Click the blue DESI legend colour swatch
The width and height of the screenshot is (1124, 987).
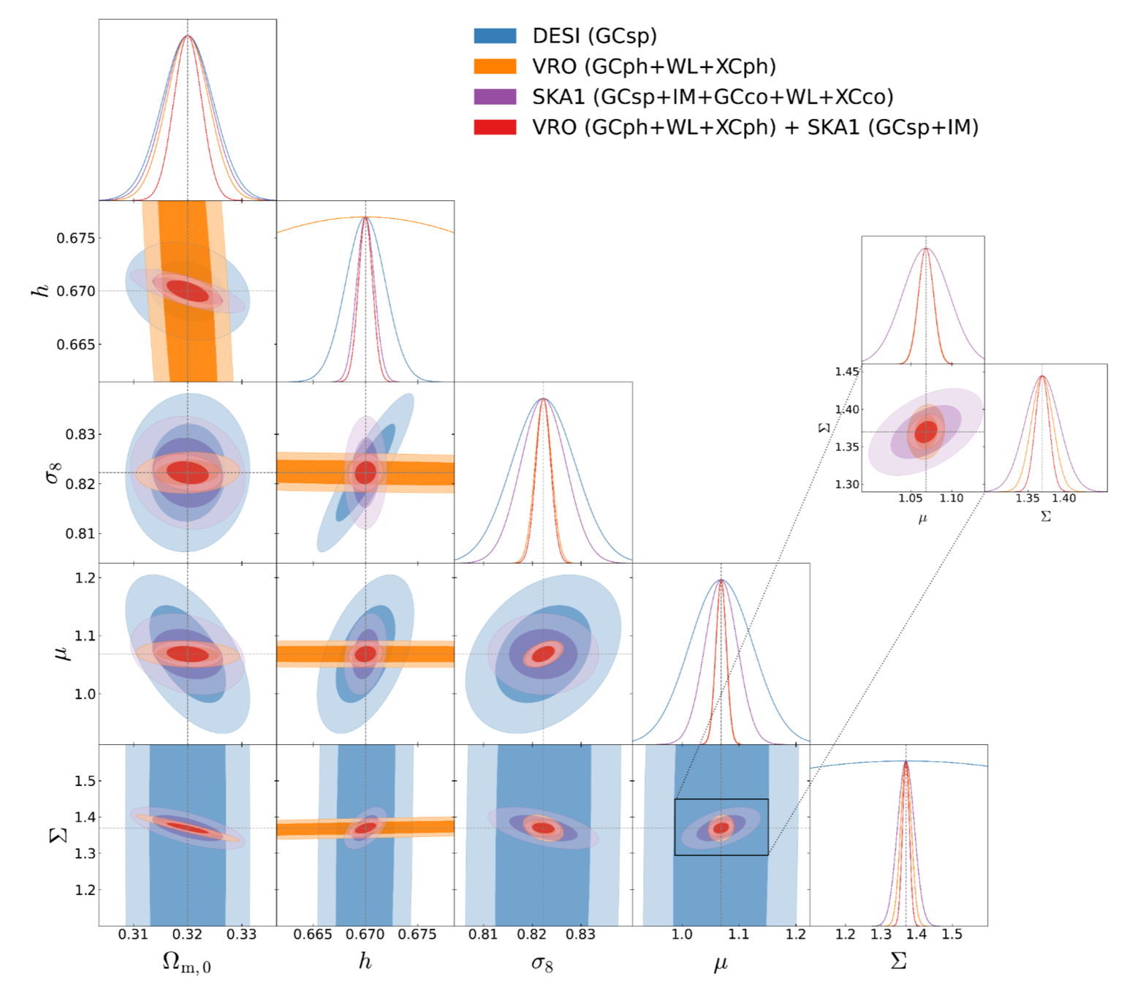coord(495,36)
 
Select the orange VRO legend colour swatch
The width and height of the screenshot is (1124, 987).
coord(495,67)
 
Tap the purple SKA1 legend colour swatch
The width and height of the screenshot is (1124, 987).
coord(495,97)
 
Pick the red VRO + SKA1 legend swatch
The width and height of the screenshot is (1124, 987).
coord(495,127)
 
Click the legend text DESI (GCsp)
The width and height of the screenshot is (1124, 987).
coord(594,36)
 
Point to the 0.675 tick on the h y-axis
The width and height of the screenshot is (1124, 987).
coord(76,238)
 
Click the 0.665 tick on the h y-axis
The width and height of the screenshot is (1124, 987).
coord(76,344)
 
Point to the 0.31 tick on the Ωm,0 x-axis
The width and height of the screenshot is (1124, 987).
coord(133,934)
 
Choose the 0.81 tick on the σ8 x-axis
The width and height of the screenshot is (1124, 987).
coord(482,934)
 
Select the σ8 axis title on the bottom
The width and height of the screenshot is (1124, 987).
coord(542,963)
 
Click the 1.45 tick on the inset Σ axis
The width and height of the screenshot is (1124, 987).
coord(847,371)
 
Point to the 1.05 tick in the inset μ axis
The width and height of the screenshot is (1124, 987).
coord(910,499)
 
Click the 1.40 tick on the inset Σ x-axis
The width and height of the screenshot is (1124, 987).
coord(1064,499)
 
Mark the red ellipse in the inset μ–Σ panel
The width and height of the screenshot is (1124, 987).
coord(926,431)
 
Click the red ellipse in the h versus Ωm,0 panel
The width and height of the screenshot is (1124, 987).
coord(189,290)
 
